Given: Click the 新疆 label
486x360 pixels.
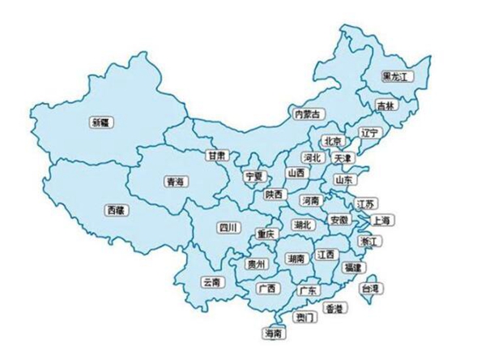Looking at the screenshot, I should (101, 123).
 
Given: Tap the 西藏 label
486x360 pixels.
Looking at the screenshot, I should (117, 209).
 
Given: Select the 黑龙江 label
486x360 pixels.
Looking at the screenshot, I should (398, 75).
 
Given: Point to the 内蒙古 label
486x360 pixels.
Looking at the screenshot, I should (306, 114).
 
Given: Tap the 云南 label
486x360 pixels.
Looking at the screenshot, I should (211, 282).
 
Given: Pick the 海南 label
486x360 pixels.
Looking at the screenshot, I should (273, 333).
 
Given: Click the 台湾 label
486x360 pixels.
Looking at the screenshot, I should (371, 288).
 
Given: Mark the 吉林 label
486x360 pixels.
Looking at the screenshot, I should (386, 105).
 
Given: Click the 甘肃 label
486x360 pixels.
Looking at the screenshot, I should (216, 155).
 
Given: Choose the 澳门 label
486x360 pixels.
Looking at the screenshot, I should (305, 318).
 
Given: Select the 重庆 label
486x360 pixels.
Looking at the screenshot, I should (266, 234).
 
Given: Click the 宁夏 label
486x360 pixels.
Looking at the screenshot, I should (255, 176).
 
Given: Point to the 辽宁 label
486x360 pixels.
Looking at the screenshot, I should (369, 132).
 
